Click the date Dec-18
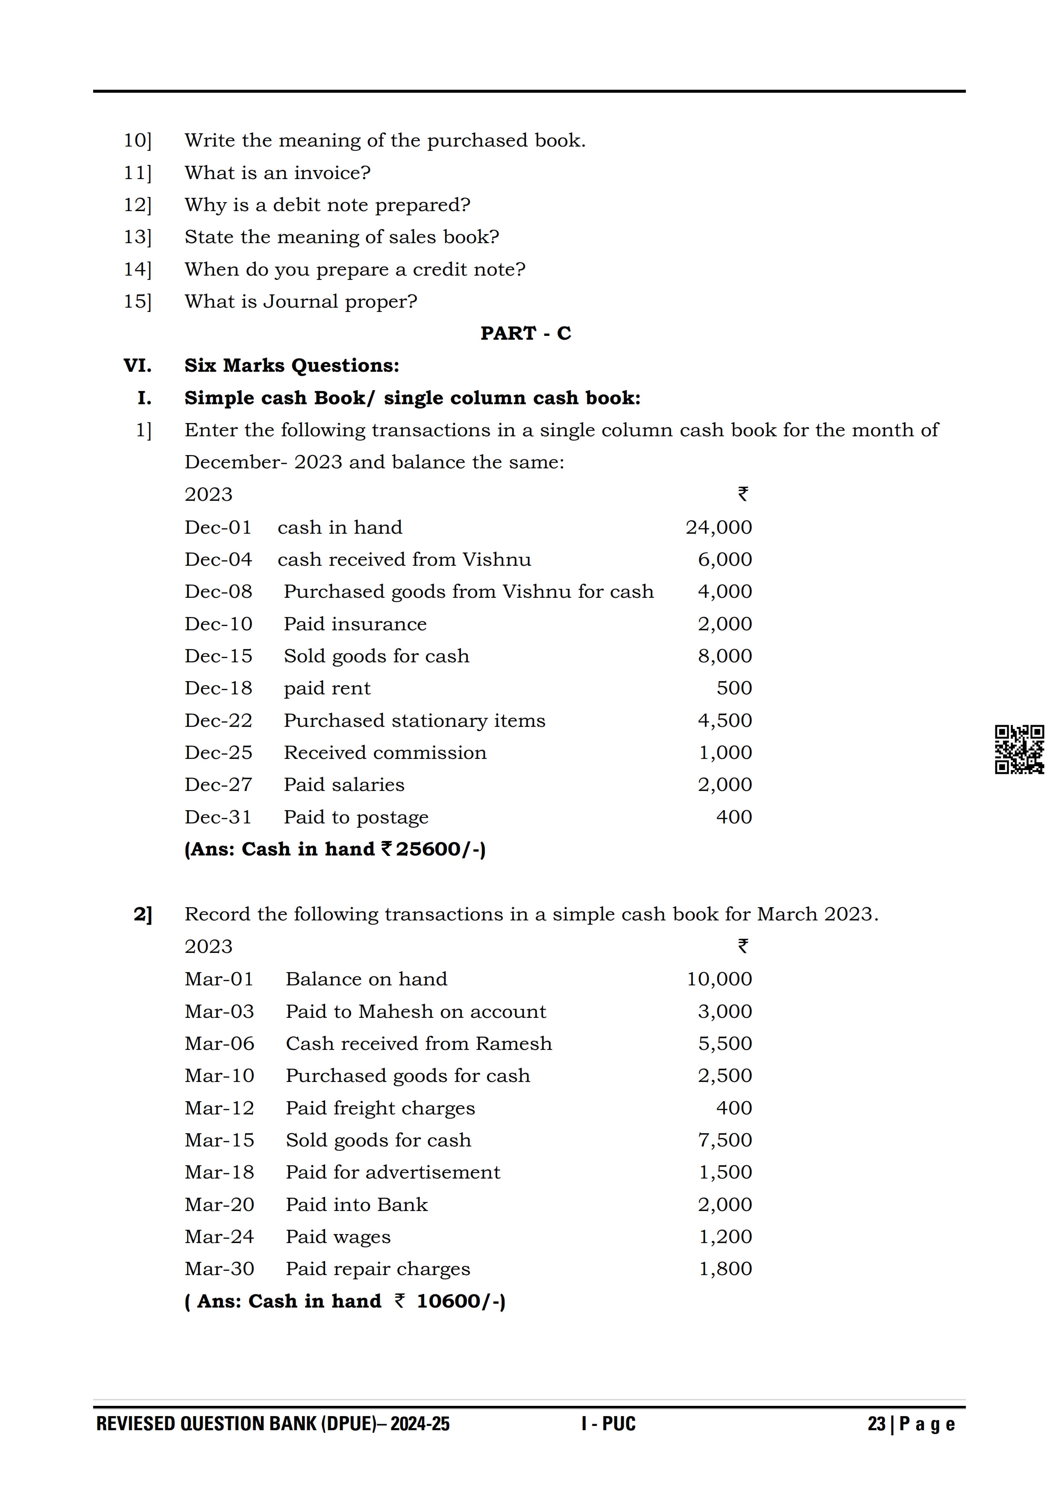218,688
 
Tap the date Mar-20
219,1205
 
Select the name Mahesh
396,1011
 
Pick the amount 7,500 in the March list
724,1140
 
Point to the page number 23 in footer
876,1424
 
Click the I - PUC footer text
608,1424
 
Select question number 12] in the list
138,205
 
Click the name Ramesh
513,1043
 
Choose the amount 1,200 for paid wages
725,1237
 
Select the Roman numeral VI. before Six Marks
137,366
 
